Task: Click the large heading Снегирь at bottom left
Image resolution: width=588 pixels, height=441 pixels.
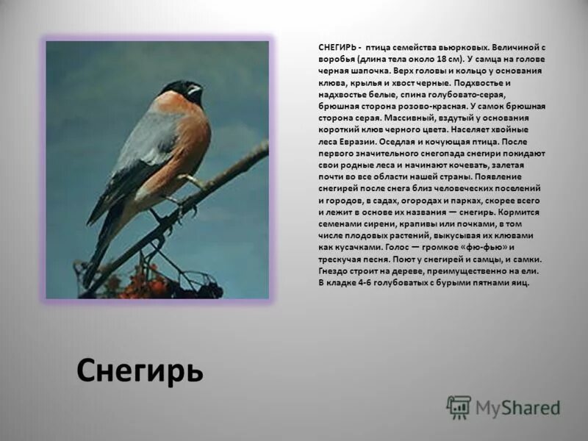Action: (x=140, y=370)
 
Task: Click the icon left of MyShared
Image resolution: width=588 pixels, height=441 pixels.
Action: (x=458, y=406)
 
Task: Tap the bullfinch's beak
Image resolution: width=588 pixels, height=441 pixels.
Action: (x=195, y=92)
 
